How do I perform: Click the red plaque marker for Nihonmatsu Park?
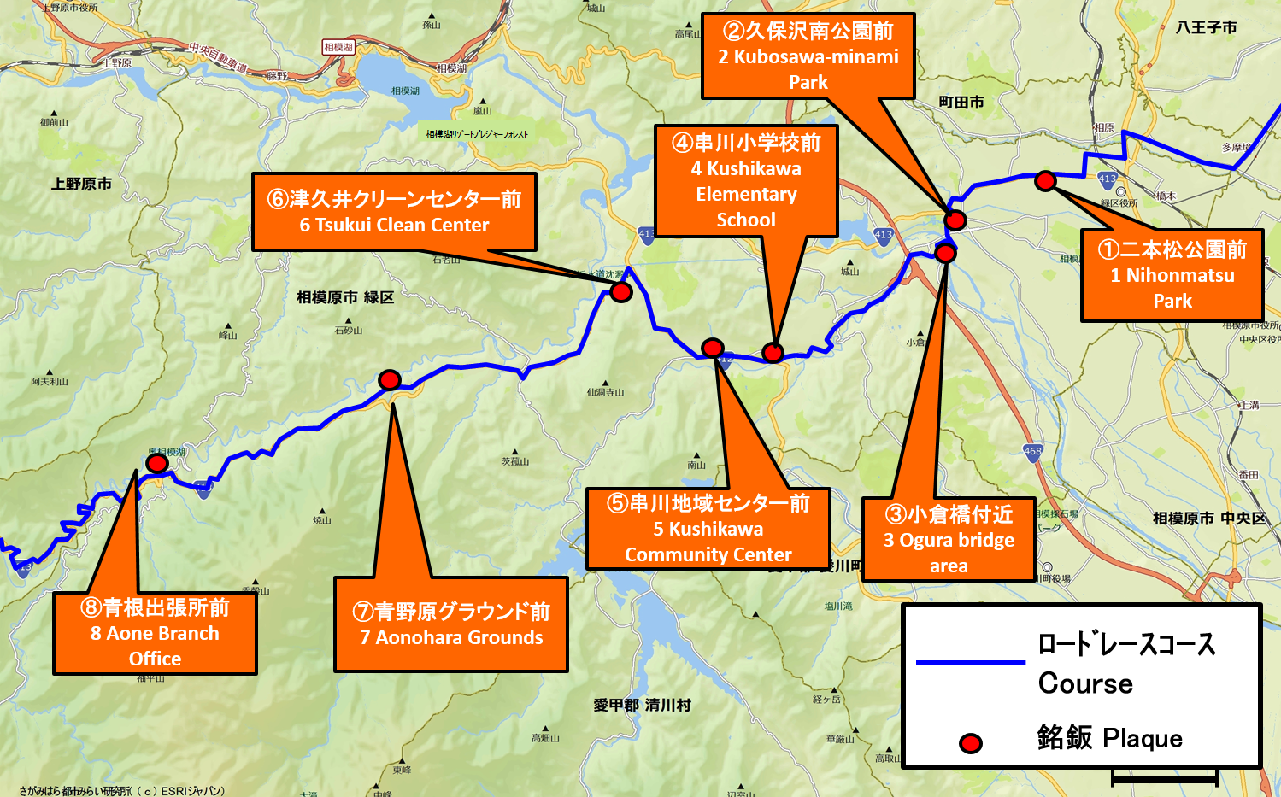point(1044,181)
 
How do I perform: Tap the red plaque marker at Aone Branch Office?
point(156,463)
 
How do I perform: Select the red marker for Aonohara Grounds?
point(390,379)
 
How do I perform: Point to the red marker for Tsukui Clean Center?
point(621,292)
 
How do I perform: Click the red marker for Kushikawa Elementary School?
point(773,352)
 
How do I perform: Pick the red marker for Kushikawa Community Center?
point(713,348)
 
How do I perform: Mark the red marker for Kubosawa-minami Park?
point(955,220)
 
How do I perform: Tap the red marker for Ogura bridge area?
point(945,253)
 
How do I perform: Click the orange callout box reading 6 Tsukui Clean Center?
point(394,212)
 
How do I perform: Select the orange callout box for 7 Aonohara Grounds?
point(451,624)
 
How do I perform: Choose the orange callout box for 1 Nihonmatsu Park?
point(1172,275)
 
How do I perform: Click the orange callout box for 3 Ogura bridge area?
point(949,540)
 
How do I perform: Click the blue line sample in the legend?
point(970,662)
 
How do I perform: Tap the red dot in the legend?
point(970,743)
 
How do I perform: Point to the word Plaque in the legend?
point(1143,738)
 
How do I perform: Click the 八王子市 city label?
point(1206,28)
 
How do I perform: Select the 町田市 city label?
point(961,103)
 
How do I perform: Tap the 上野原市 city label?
point(81,184)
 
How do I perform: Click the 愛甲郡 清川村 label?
point(642,706)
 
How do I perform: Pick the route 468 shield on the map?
point(1032,452)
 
